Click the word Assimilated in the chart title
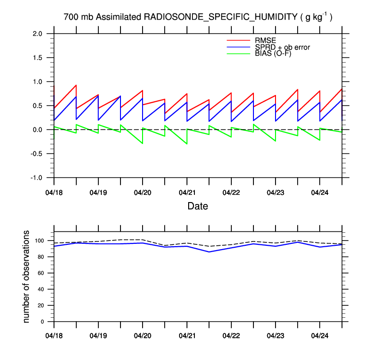coord(119,17)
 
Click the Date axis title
coord(198,206)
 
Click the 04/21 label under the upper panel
coord(187,192)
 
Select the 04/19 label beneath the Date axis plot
coord(98,192)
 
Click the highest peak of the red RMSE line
coord(76,85)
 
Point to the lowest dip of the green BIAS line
coord(187,144)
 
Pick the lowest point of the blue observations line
coord(209,252)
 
